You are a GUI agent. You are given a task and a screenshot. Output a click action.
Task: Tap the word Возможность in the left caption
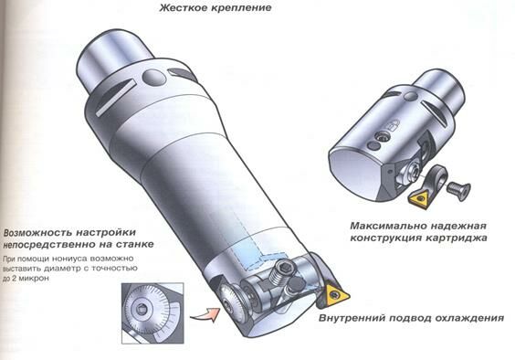tap(37, 233)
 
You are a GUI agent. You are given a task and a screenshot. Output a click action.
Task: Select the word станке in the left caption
tap(133, 245)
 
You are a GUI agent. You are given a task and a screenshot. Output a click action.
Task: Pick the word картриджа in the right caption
tap(457, 238)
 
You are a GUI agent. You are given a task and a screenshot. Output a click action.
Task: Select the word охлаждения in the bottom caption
tap(469, 318)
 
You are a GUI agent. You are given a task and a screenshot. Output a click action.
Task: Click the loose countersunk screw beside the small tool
tap(458, 190)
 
